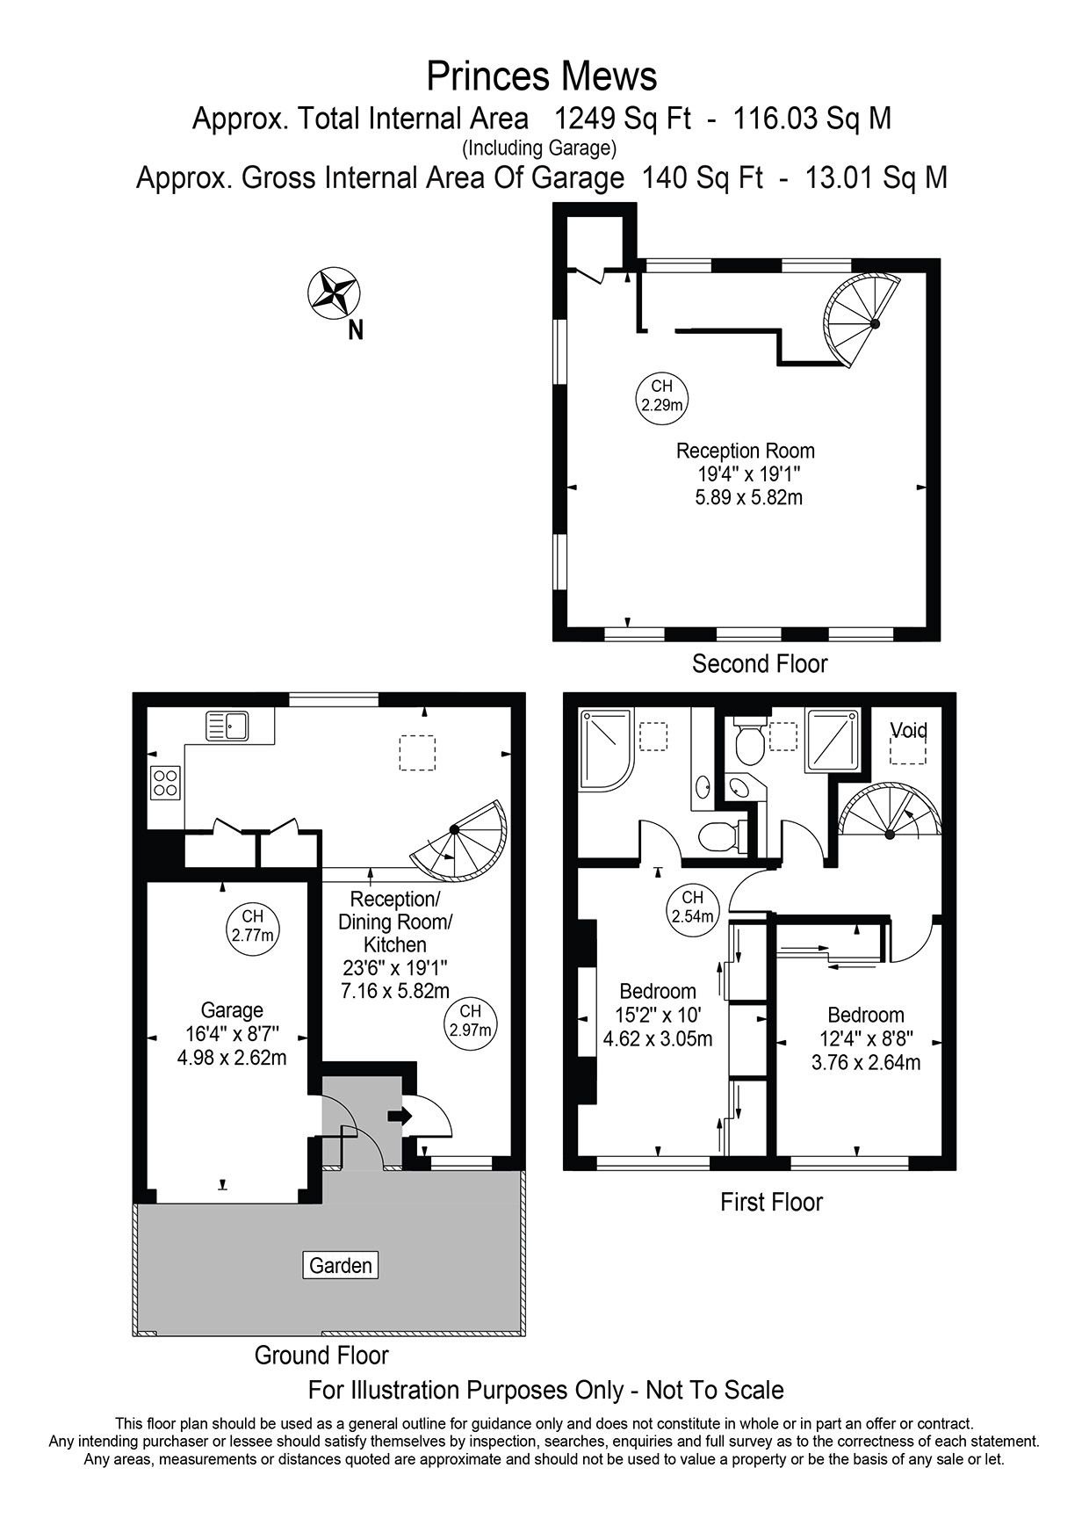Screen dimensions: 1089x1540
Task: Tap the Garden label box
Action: click(341, 1265)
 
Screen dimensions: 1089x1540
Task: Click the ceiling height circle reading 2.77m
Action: click(253, 925)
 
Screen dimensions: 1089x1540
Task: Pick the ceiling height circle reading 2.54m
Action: click(692, 906)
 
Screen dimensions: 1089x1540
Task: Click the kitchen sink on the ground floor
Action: click(228, 726)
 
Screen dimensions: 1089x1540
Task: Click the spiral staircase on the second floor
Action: click(862, 322)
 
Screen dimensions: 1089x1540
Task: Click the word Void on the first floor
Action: click(909, 731)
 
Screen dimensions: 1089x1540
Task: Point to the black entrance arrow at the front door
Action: click(399, 1116)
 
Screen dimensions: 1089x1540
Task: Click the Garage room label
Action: click(232, 1010)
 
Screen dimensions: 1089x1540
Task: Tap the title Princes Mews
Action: click(542, 76)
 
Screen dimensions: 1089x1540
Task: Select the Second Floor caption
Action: click(760, 663)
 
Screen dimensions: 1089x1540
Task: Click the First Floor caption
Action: click(771, 1201)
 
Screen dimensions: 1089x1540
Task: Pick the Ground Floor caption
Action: click(321, 1355)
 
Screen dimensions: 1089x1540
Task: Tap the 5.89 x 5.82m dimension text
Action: click(749, 497)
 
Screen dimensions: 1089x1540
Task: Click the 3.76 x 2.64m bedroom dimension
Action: click(866, 1062)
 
